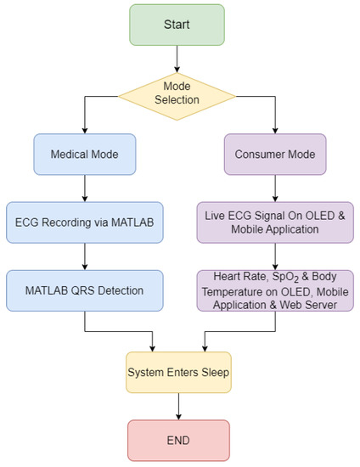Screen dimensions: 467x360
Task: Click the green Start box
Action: [x=177, y=24]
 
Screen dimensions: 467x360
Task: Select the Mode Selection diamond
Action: [x=177, y=91]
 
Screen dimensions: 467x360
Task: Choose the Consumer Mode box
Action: [x=275, y=155]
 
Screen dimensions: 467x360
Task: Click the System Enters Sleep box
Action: [x=177, y=371]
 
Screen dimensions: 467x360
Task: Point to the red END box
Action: [x=177, y=441]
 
